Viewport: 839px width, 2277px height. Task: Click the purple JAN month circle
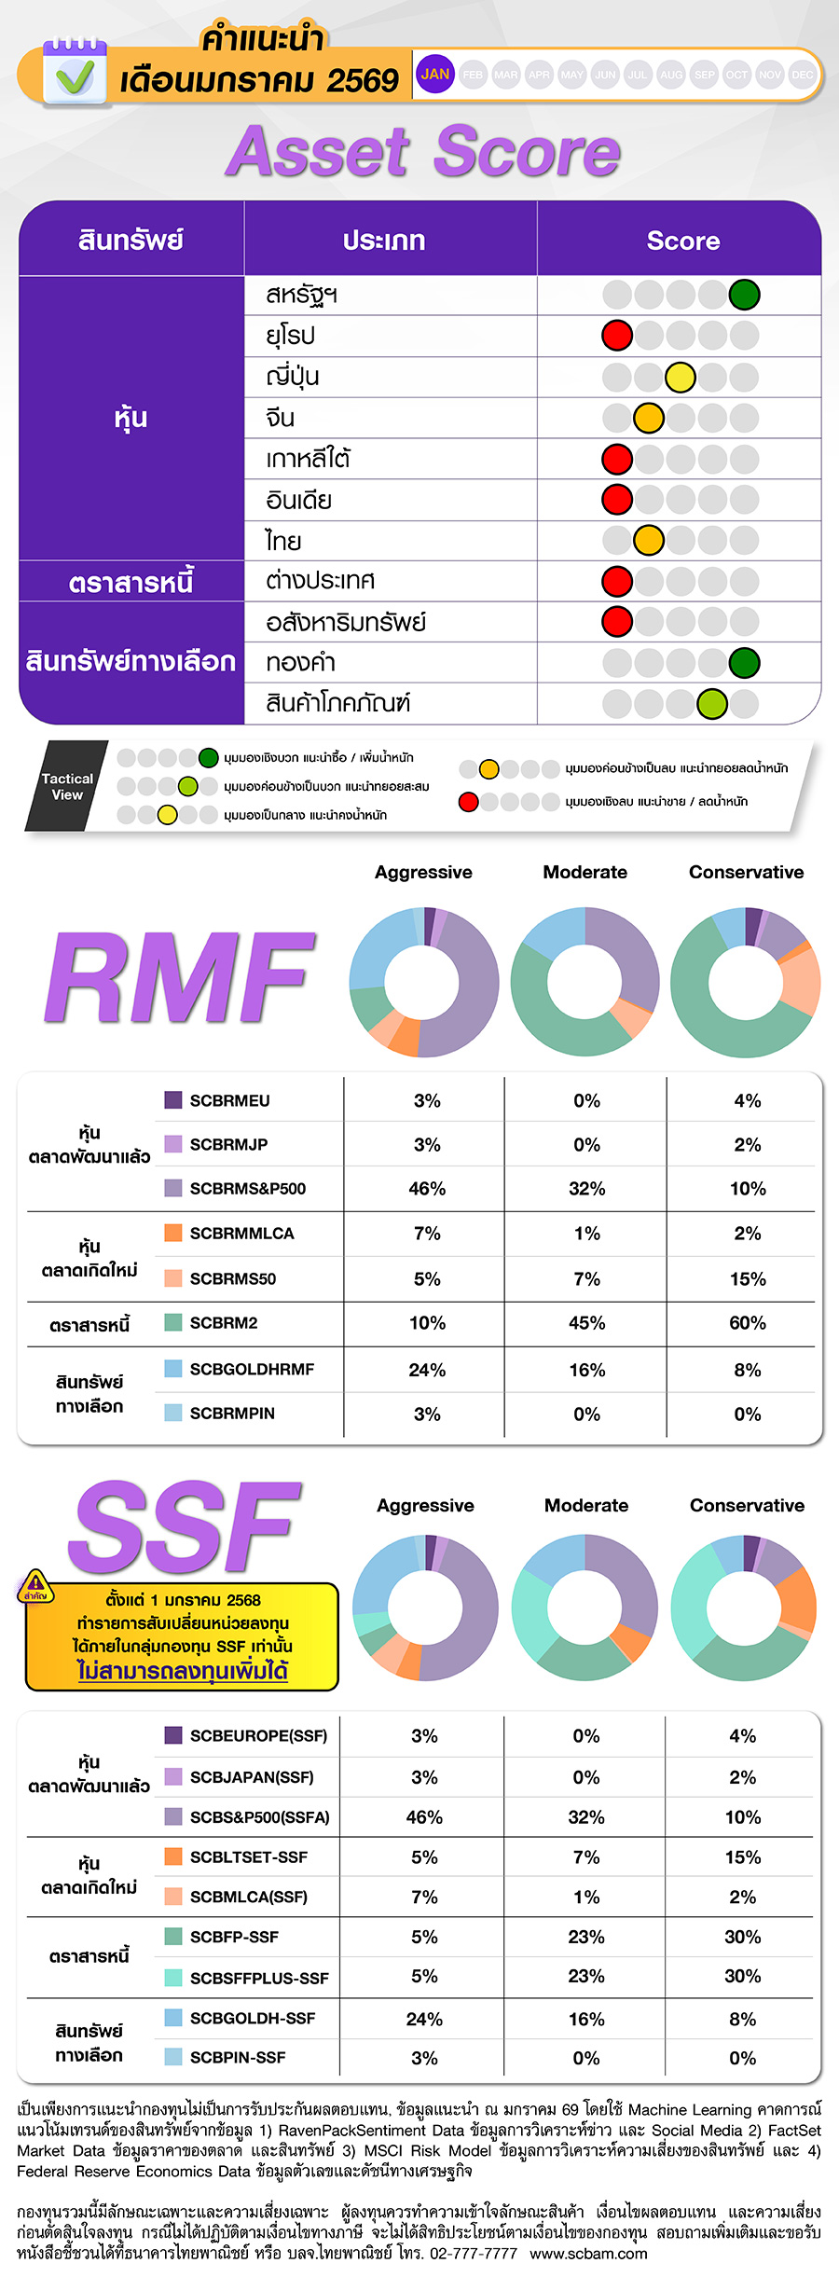click(x=434, y=75)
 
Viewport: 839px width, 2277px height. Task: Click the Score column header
click(x=682, y=241)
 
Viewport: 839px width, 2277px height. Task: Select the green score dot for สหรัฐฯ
click(x=744, y=295)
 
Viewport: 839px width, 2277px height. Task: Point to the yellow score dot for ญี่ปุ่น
click(x=681, y=377)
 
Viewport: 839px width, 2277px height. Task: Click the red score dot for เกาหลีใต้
click(x=617, y=459)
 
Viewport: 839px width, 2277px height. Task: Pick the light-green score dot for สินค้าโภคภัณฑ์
click(x=712, y=703)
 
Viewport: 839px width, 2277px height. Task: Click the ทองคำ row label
click(x=300, y=662)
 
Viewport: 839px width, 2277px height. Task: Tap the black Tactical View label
click(x=67, y=786)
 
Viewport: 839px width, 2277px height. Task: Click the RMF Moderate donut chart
click(x=585, y=982)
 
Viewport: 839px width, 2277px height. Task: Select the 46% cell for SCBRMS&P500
click(x=427, y=1189)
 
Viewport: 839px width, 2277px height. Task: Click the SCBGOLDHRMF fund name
click(x=252, y=1369)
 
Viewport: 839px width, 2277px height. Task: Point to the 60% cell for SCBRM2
click(x=748, y=1323)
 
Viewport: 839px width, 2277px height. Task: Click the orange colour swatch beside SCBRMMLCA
click(x=173, y=1233)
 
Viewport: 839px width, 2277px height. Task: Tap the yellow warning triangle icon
click(x=35, y=1583)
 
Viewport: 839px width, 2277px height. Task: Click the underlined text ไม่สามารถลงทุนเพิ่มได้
click(x=183, y=1670)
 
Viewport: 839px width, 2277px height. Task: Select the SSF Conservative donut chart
click(x=744, y=1608)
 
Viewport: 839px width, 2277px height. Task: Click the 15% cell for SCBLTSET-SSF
click(x=743, y=1857)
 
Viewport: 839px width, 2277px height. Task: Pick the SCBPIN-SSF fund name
click(x=238, y=2057)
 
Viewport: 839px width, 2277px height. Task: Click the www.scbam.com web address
click(x=588, y=2254)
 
